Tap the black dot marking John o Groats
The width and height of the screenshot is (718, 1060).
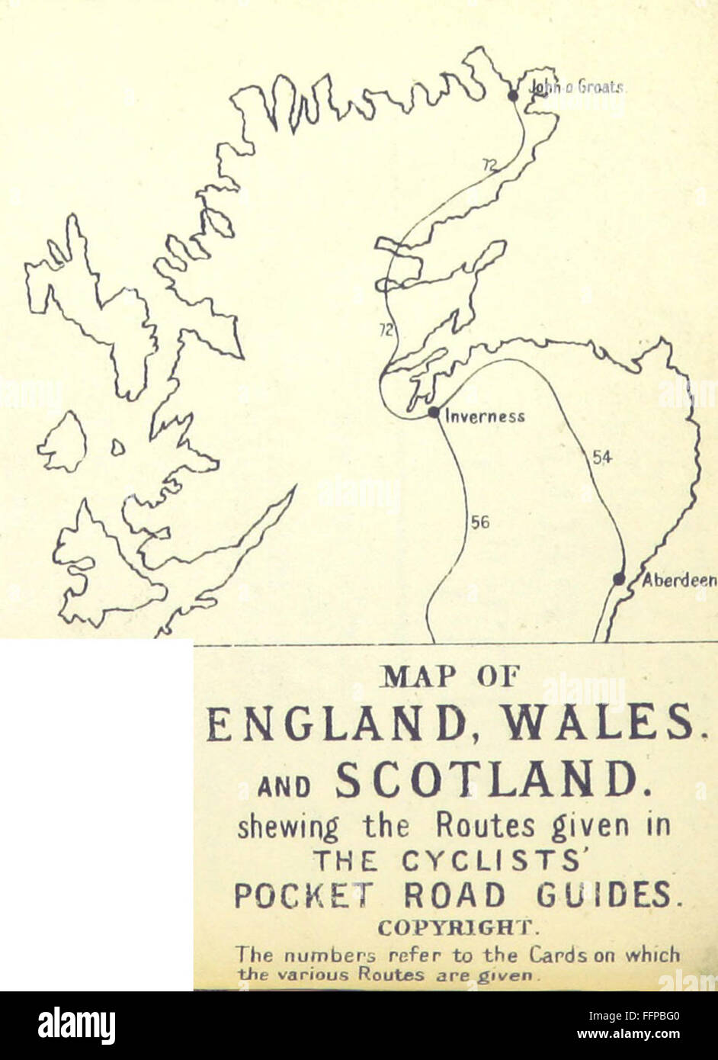point(513,95)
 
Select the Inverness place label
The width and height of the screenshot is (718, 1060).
point(485,416)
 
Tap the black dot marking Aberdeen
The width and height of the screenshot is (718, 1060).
point(619,580)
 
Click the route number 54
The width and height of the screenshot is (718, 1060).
point(602,458)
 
